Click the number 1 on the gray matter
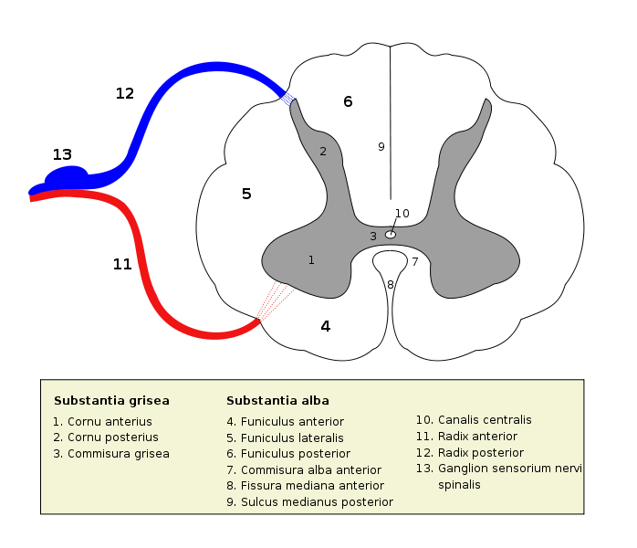[311, 260]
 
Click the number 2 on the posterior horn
[322, 152]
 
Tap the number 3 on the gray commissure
[372, 237]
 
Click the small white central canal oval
[391, 235]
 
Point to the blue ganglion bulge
[68, 174]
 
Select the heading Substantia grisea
[111, 401]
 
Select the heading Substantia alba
[277, 401]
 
